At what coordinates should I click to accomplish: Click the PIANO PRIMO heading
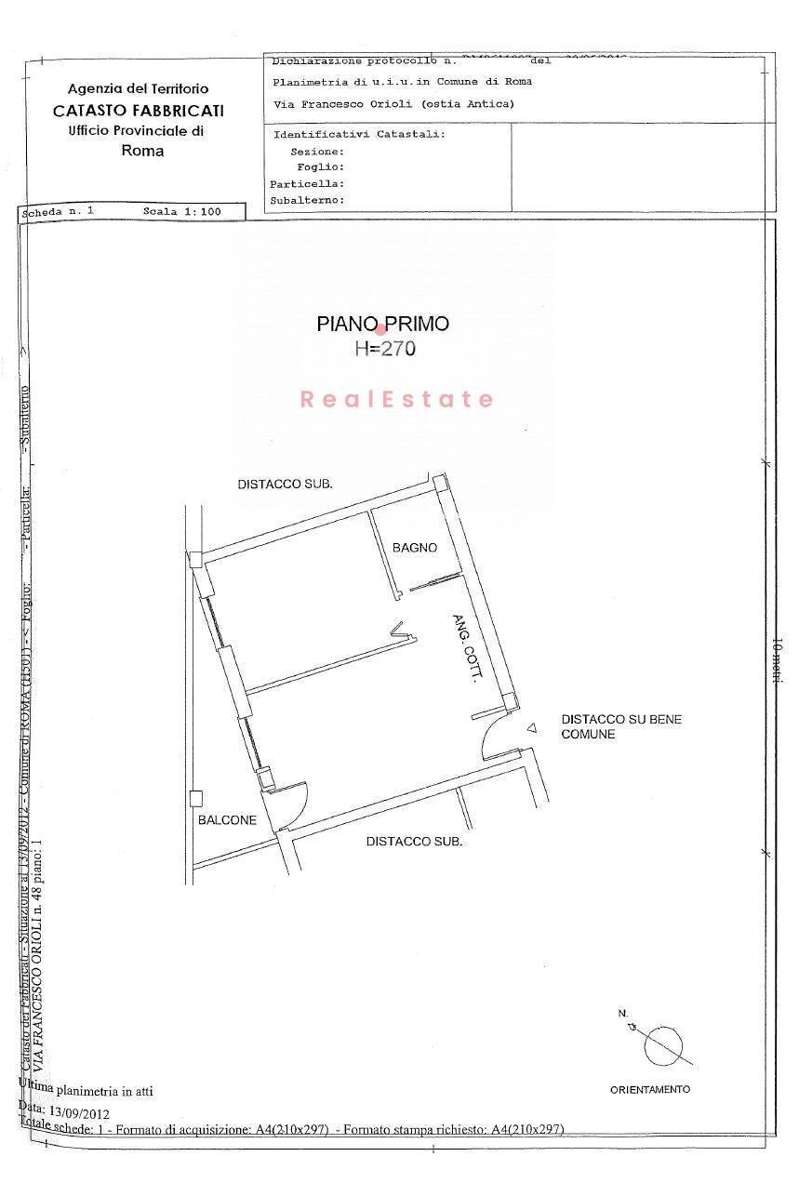click(x=382, y=324)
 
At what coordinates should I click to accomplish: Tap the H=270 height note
click(x=384, y=349)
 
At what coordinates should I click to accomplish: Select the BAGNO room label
click(x=414, y=548)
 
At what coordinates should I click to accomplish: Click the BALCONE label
click(x=227, y=820)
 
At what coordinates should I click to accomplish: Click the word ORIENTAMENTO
click(x=650, y=1089)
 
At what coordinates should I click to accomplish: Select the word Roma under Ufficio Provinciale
click(x=142, y=151)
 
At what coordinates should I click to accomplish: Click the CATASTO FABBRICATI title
click(x=138, y=110)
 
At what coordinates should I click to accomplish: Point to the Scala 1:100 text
click(x=181, y=212)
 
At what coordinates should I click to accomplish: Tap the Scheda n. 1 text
click(x=58, y=212)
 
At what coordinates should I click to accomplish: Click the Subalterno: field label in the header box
click(x=307, y=200)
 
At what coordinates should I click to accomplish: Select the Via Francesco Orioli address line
click(x=393, y=104)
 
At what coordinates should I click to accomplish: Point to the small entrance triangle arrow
click(x=531, y=729)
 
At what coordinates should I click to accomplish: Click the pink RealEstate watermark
click(x=397, y=400)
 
